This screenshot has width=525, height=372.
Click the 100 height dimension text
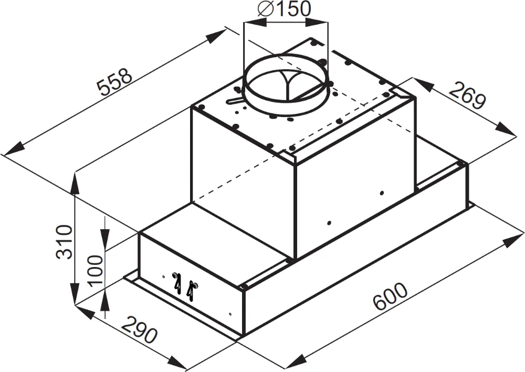click(95, 270)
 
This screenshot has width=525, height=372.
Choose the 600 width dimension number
click(390, 297)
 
